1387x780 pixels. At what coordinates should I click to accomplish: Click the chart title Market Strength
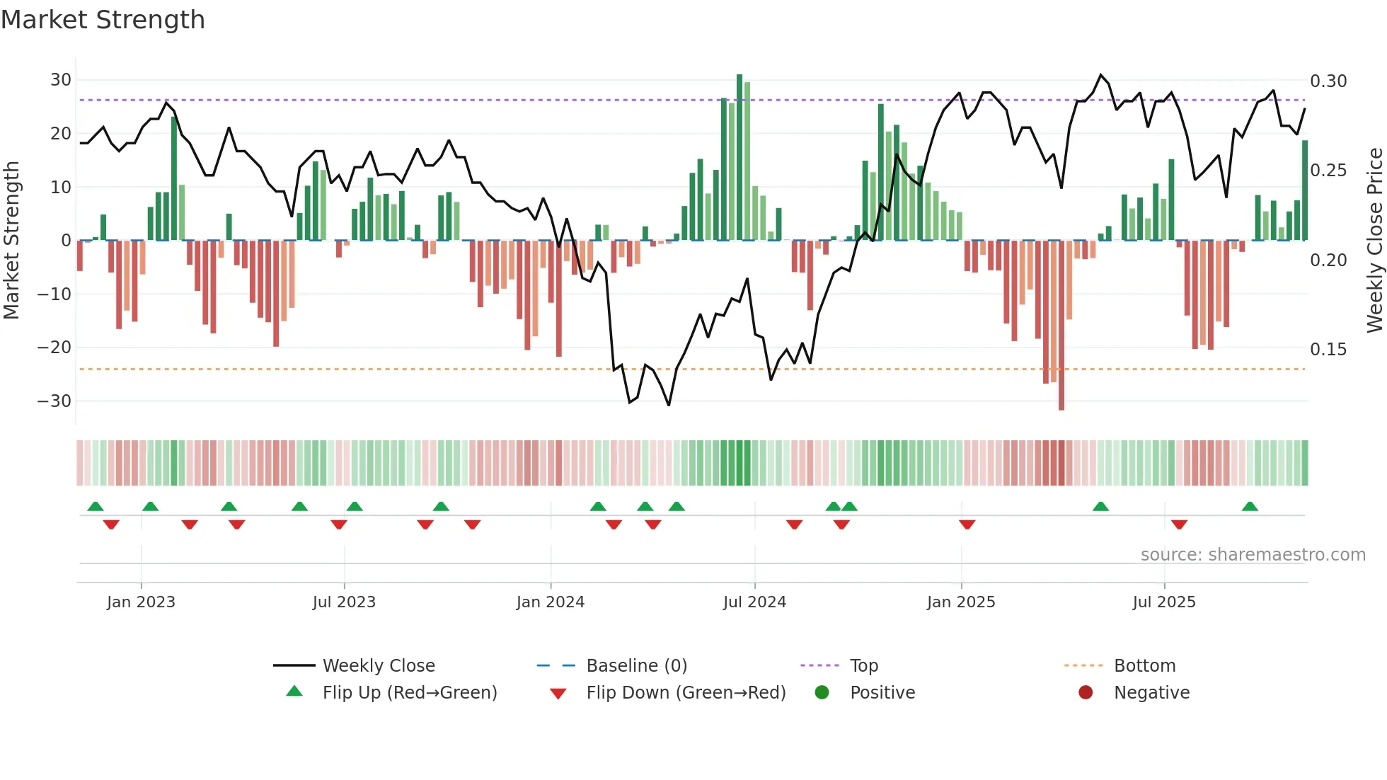point(103,20)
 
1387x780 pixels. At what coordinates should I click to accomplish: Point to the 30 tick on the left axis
point(61,80)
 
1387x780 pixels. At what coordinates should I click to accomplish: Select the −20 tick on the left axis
point(54,348)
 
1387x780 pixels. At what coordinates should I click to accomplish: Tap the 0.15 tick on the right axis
point(1328,350)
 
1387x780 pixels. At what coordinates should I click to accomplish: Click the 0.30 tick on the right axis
point(1328,81)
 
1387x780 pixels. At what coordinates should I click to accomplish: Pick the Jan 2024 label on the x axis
point(550,602)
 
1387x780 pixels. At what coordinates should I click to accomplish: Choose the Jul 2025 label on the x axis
point(1163,602)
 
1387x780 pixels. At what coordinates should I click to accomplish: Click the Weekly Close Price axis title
point(1374,241)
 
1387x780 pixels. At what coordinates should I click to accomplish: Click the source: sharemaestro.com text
point(1253,555)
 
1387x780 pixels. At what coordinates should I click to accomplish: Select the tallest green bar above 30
point(739,157)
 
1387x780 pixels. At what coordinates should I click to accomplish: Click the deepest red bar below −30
point(1061,325)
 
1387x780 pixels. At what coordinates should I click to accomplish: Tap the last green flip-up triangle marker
point(1250,507)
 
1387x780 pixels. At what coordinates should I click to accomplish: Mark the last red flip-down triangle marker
point(1179,524)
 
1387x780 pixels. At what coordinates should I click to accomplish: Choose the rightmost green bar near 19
point(1305,190)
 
